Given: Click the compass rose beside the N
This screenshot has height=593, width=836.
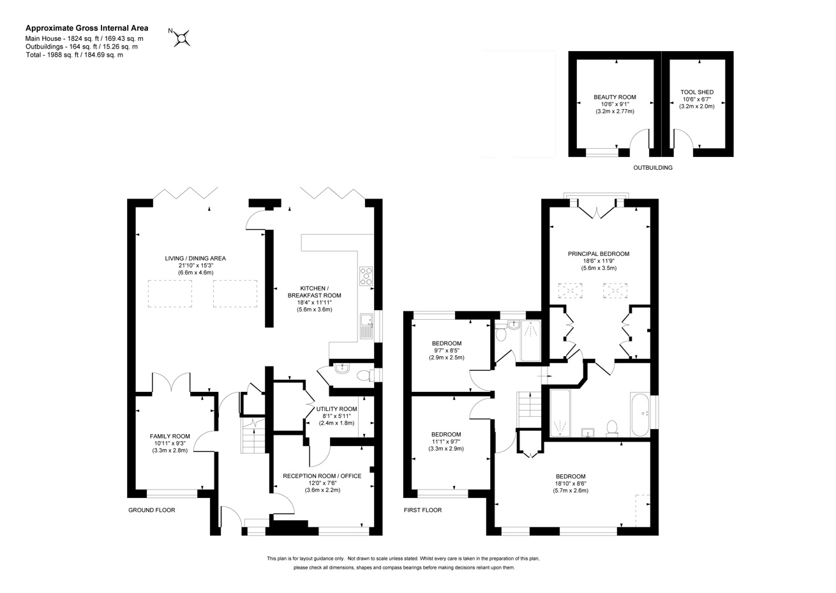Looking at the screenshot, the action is coord(182,38).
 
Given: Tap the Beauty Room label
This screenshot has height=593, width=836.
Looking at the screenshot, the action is coord(615,97).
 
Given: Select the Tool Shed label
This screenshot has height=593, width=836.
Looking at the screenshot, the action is coord(697,92).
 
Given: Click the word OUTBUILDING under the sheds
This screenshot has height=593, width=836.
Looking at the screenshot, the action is coord(653,168).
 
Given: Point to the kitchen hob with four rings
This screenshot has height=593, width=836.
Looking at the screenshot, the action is coord(366,276).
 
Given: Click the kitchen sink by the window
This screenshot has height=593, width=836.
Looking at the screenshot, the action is coord(366,326).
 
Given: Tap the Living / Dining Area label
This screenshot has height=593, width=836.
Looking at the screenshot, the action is coord(195,259).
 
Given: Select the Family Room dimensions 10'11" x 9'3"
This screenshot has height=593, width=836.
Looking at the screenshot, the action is coord(170,444).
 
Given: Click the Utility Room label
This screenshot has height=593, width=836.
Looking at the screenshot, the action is coord(337,409).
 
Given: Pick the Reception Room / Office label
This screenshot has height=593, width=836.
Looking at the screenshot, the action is coord(322,476).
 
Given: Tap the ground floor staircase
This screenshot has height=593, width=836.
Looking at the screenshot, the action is coord(253,436).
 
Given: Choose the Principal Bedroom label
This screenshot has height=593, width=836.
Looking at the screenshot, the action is coord(599,254).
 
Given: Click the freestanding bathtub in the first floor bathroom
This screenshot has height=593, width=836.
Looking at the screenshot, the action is coord(639,414).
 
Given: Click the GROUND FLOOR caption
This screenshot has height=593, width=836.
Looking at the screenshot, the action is coord(151,510).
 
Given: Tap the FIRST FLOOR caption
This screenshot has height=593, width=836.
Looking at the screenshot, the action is coord(422,510).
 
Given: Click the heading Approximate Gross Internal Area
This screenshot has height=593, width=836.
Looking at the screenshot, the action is coord(87,28).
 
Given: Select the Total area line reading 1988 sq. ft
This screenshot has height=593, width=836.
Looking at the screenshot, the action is coord(74,55).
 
